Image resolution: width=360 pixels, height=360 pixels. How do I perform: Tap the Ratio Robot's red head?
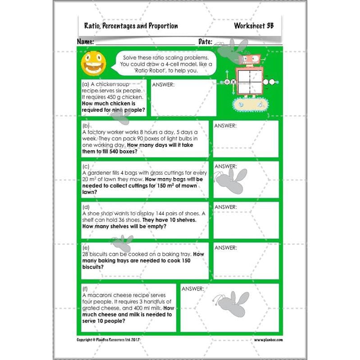coord(250,60)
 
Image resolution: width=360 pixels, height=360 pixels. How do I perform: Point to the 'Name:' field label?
coord(85,42)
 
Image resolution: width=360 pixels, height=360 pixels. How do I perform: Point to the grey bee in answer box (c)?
coord(231,178)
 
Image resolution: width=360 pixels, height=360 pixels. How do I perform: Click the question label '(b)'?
coord(86,125)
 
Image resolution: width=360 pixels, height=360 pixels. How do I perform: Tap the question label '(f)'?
coord(86,288)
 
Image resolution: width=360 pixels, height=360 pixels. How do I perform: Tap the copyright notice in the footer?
coord(109,340)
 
